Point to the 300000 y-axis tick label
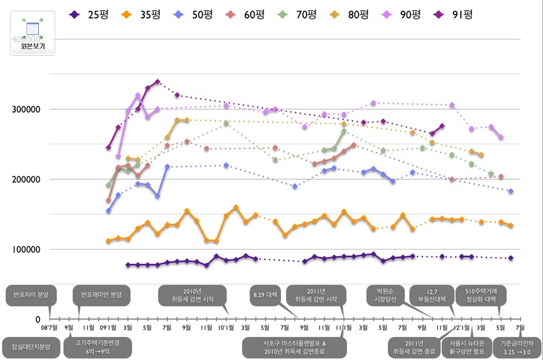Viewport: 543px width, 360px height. tap(26, 109)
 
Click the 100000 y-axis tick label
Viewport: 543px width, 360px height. tap(26, 249)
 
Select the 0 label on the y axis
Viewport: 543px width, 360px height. tap(38, 319)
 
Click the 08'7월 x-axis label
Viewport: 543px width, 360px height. tap(49, 327)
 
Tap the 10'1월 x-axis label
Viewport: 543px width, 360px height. tap(226, 327)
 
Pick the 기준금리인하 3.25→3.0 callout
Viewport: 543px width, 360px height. tap(515, 347)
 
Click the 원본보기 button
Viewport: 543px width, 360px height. tap(33, 33)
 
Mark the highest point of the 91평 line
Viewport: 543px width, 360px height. tap(158, 82)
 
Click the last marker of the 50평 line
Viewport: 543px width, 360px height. tap(511, 192)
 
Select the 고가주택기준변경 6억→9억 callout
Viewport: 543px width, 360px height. tap(97, 347)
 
